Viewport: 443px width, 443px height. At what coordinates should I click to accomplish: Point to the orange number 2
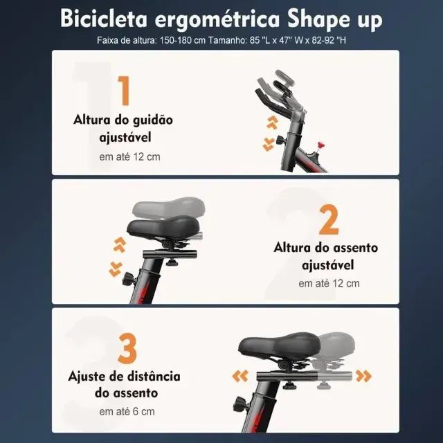coord(329,220)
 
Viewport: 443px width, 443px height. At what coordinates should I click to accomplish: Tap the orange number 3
coord(127,349)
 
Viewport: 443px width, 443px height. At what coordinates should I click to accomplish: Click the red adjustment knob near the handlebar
coord(320,145)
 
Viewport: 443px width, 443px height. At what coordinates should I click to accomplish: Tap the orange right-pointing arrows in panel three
coord(362,376)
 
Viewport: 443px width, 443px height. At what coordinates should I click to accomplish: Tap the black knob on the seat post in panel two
coord(129,280)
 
